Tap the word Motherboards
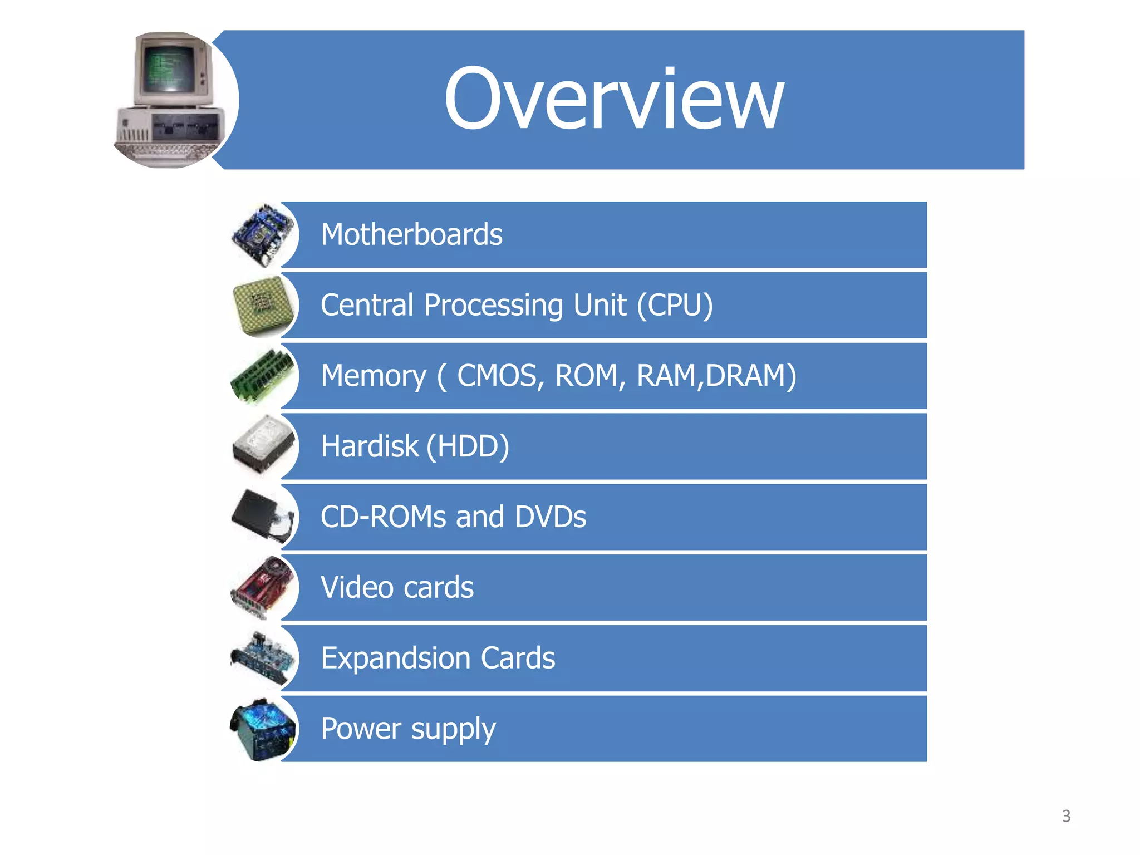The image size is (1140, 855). pos(411,234)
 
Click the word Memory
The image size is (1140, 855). pos(374,376)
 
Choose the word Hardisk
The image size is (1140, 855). pos(369,446)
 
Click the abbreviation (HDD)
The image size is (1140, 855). pos(468,446)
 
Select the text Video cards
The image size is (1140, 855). pos(397,587)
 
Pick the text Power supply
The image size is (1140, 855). pos(408,729)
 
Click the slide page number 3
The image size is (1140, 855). pos(1066,816)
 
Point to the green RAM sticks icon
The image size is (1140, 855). pos(262,376)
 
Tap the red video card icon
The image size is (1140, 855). pos(262,587)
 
